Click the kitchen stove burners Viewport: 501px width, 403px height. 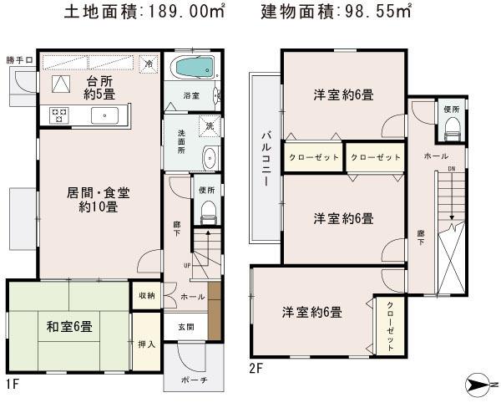pyautogui.click(x=59, y=115)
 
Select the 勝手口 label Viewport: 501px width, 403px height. pyautogui.click(x=18, y=59)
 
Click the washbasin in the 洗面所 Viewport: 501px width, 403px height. pyautogui.click(x=209, y=157)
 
